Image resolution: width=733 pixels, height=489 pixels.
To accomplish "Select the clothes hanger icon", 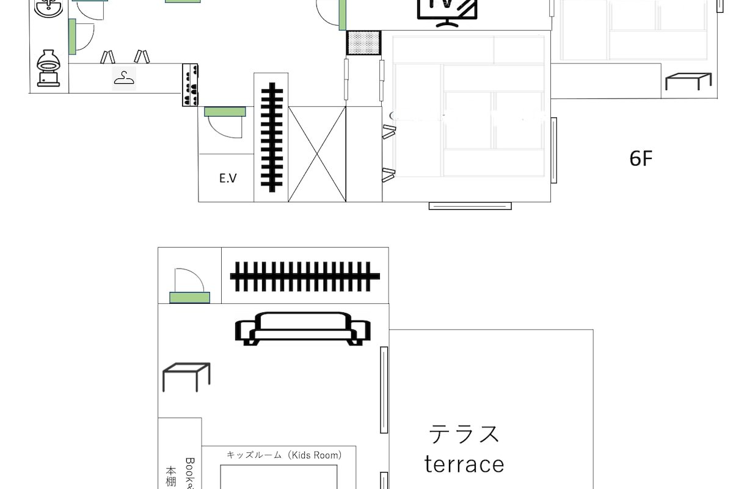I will tap(124, 78).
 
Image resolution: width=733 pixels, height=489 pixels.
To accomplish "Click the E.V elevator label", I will tap(228, 178).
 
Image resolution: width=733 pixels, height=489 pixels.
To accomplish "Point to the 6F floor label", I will tap(641, 160).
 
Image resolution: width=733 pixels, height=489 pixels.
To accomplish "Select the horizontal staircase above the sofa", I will tap(305, 276).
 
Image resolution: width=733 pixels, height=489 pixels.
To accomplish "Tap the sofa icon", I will tap(302, 328).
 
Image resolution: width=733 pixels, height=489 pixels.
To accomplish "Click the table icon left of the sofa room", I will tap(186, 377).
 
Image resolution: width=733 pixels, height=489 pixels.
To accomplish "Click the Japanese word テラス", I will tap(464, 434).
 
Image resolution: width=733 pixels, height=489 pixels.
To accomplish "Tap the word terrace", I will tap(464, 464).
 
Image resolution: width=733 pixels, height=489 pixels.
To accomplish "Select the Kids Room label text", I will tap(284, 455).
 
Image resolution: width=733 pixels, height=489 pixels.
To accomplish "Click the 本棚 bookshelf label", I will tap(171, 477).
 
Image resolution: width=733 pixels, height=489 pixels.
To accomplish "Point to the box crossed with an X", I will tap(316, 154).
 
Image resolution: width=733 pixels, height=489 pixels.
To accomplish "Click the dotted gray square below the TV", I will tap(363, 43).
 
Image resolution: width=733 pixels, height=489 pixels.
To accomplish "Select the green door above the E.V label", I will tap(225, 111).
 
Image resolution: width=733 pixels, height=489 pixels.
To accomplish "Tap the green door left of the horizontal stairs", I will tap(189, 298).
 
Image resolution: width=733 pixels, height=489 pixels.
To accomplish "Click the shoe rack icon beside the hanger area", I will tap(191, 85).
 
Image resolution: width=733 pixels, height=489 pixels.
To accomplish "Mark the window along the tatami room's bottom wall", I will tap(470, 206).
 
